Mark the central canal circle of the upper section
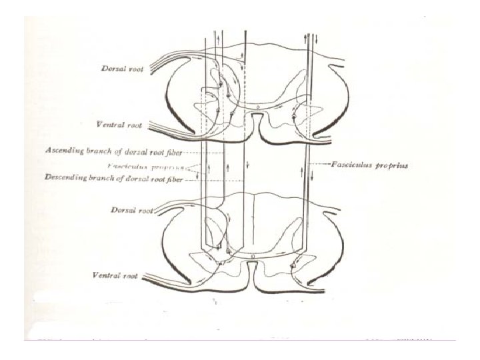tap(249, 105)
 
